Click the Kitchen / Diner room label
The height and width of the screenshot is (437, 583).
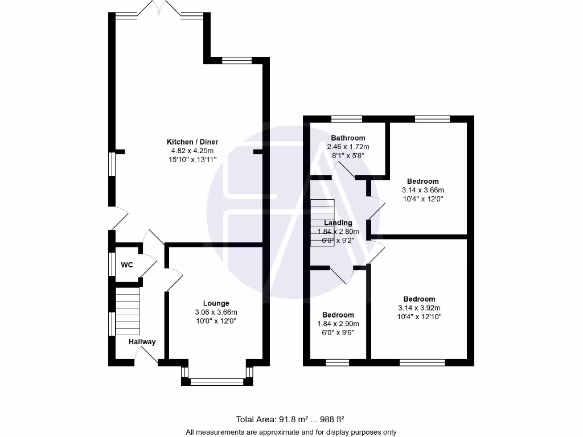[x=192, y=142]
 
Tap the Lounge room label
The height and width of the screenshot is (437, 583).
[x=216, y=303]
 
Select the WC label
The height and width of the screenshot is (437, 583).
[x=126, y=265]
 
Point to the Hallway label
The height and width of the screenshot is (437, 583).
[x=142, y=342]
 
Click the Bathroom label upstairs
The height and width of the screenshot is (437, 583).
[x=348, y=138]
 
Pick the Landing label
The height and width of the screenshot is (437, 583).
[x=338, y=223]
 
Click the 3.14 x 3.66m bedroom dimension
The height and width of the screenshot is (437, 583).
[x=422, y=190]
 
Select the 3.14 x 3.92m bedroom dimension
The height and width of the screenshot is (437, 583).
[x=419, y=308]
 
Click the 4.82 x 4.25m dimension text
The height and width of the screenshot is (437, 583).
[x=192, y=151]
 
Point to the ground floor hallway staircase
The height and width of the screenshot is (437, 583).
[x=128, y=312]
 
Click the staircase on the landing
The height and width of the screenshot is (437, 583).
[x=322, y=222]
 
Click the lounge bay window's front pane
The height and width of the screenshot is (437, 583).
[x=216, y=382]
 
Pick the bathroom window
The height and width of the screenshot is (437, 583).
[x=346, y=119]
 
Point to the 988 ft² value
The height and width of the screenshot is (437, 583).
[x=331, y=419]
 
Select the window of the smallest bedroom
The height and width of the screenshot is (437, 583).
[x=337, y=361]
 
